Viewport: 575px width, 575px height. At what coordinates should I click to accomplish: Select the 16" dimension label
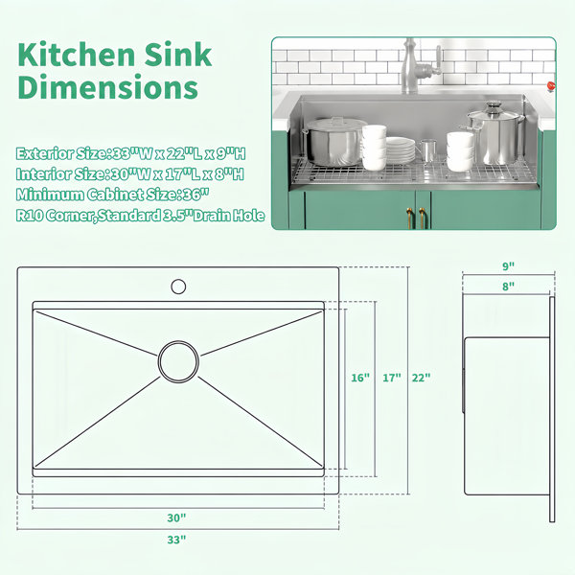click(360, 378)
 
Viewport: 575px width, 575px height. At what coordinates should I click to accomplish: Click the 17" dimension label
click(392, 378)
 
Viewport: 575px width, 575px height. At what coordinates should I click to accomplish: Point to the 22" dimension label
click(421, 378)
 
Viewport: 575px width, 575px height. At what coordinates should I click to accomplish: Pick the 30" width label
click(176, 517)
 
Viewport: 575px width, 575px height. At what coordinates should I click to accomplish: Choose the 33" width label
click(176, 540)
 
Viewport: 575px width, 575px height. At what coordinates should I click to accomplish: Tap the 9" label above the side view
click(509, 266)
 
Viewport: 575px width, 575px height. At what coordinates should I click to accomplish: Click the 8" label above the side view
click(509, 286)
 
